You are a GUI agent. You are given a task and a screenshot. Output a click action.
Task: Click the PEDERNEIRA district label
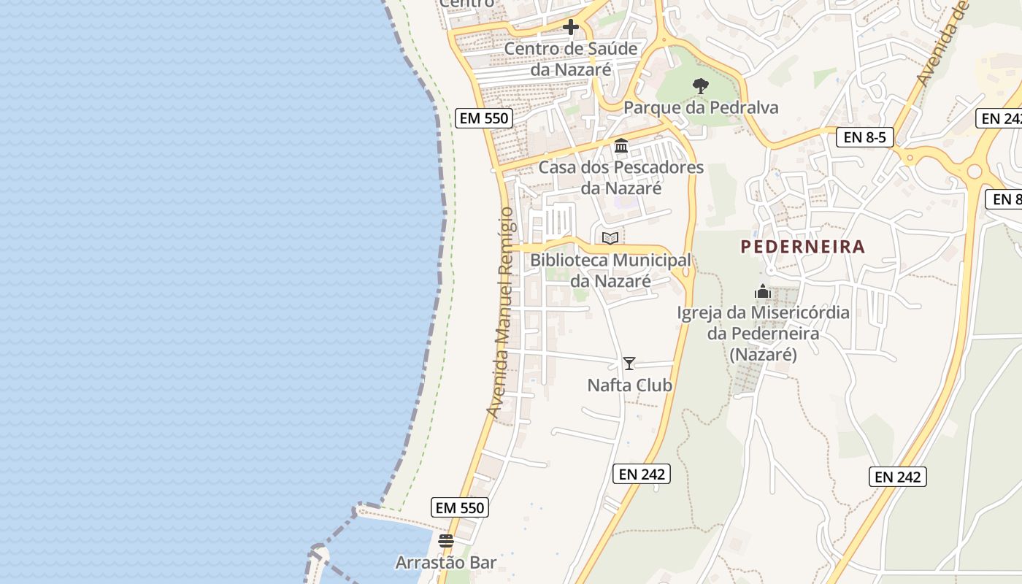[x=803, y=247]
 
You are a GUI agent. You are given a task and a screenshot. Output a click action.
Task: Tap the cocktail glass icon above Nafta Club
[x=629, y=363]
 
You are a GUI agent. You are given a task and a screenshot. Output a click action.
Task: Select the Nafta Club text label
[x=629, y=385]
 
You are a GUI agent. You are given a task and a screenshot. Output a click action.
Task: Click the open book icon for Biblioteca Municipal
[x=610, y=238]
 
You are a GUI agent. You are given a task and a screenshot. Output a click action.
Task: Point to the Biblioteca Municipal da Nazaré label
[x=610, y=270]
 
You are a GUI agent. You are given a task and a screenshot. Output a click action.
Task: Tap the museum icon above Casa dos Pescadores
[x=621, y=146]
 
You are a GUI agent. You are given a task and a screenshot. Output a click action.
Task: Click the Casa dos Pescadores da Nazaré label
[x=621, y=177]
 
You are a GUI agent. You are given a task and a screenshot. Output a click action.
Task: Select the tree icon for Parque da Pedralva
[x=701, y=86]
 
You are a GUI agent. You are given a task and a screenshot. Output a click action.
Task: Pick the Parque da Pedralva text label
[x=701, y=108]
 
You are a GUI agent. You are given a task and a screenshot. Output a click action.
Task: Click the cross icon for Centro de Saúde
[x=571, y=28]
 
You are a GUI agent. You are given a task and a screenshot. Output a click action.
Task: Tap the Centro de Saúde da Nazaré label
[x=571, y=59]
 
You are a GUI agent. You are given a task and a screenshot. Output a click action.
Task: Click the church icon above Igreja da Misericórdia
[x=763, y=292]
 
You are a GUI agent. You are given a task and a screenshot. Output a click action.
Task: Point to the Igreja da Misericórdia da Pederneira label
[x=763, y=334]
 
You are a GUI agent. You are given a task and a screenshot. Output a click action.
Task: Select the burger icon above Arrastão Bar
[x=446, y=541]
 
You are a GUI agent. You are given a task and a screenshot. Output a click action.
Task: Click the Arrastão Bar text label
[x=446, y=563]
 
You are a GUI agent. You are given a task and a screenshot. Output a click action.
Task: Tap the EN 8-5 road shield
[x=865, y=137]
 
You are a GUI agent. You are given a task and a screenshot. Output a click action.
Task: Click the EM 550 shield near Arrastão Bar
[x=460, y=507]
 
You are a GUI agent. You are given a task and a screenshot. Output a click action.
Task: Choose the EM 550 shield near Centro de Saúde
[x=483, y=118]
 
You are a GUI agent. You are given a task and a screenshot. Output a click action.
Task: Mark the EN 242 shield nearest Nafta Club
[x=642, y=474]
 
